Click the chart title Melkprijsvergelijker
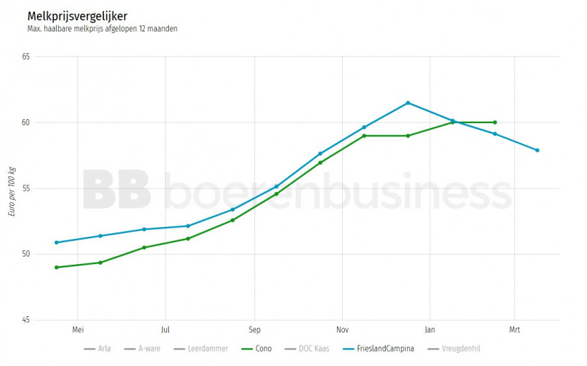tap(77, 16)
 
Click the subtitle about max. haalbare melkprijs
tap(103, 29)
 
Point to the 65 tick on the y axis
tap(26, 57)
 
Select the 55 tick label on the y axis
tap(26, 189)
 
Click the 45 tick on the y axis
tap(26, 320)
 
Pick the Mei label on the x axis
tap(78, 329)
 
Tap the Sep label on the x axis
tap(254, 329)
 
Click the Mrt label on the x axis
tap(514, 329)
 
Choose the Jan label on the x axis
tap(430, 329)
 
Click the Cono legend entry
tap(257, 349)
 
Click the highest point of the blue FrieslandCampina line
tap(408, 103)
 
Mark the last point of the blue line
tap(538, 151)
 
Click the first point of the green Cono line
tap(56, 267)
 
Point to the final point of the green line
tap(495, 122)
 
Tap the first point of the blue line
tap(56, 242)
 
